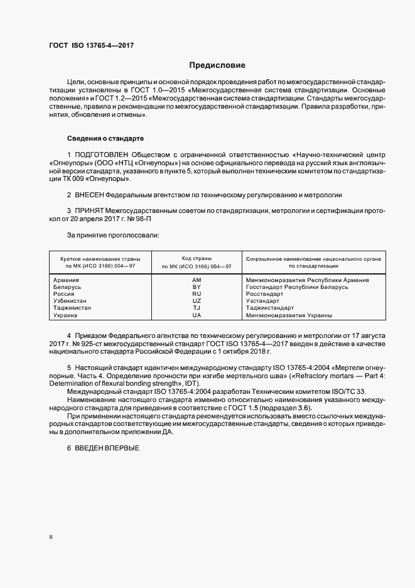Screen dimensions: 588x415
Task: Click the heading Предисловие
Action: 218,65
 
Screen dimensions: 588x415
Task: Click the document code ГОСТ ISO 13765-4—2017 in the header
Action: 91,46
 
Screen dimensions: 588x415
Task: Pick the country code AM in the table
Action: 197,280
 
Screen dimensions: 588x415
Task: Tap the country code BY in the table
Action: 197,286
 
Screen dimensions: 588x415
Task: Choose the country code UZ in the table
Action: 197,301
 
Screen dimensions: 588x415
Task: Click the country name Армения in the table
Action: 66,280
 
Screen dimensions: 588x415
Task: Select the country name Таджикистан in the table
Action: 72,308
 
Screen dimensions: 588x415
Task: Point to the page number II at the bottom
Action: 51,537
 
